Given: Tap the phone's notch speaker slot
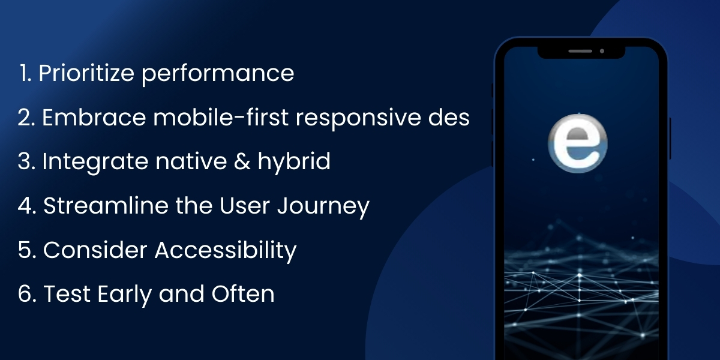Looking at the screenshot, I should point(580,51).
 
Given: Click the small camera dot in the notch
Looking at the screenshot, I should point(602,51).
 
